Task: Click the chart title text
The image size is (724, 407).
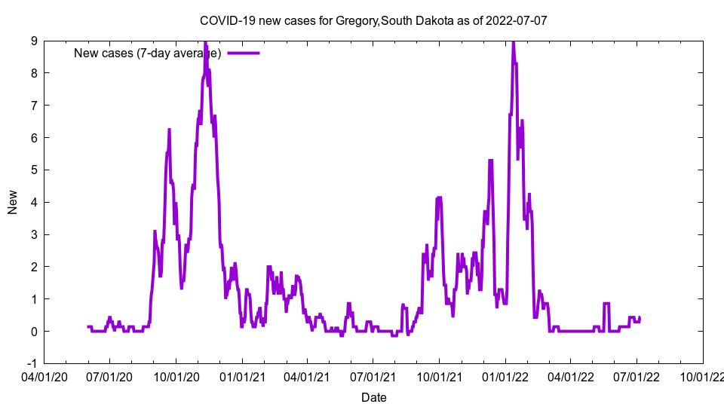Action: pos(373,20)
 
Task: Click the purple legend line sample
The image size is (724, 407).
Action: pos(244,53)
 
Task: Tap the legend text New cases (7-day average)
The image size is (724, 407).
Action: pos(147,53)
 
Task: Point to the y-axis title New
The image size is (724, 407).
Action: pos(13,202)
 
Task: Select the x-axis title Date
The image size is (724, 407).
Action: pos(374,397)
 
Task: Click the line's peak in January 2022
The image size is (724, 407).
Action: pos(514,42)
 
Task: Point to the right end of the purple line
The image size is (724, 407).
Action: pos(640,317)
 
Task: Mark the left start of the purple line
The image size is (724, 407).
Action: pos(87,326)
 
